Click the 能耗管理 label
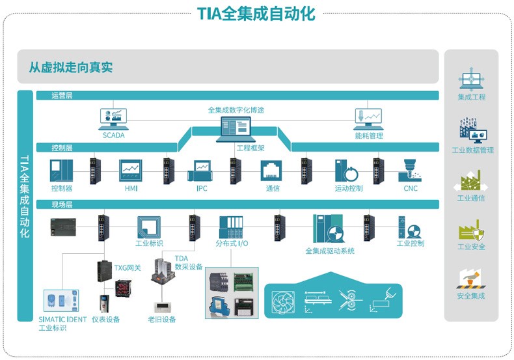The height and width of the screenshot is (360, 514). tap(368, 136)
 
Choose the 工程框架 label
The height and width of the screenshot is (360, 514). tap(250, 148)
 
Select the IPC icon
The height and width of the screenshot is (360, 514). tap(201, 173)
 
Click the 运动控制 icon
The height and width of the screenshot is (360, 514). tap(348, 171)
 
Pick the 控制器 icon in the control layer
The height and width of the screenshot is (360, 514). tap(62, 171)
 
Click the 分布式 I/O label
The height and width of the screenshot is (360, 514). tap(232, 243)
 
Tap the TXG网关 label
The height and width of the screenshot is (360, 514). tap(128, 268)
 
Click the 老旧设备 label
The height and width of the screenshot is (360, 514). tap(162, 320)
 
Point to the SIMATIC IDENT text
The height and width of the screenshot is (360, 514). tap(61, 319)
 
